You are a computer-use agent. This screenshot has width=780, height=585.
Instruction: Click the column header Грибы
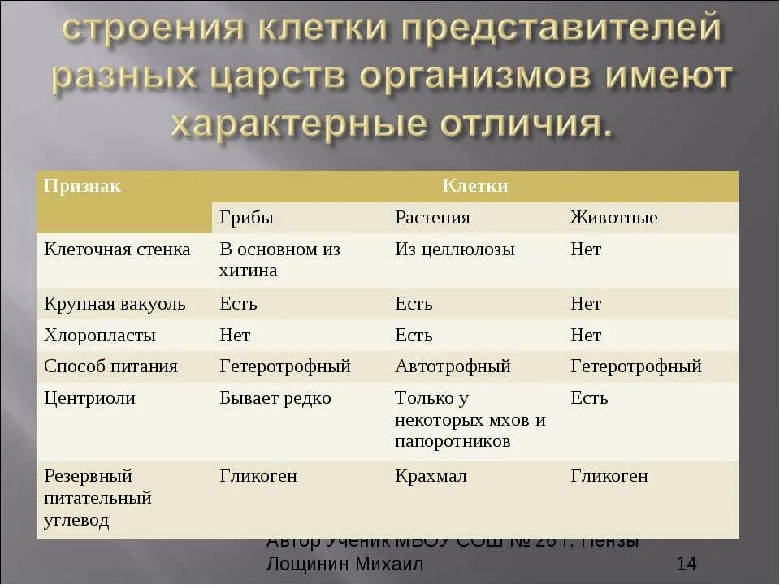[246, 218]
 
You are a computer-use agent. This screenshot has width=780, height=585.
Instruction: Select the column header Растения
[432, 218]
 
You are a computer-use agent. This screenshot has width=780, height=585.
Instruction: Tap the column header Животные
[613, 218]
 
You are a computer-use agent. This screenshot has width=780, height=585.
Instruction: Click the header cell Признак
[82, 186]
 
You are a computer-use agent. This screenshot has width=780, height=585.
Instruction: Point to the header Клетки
[475, 186]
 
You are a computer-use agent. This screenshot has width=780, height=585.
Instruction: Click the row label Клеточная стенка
[117, 249]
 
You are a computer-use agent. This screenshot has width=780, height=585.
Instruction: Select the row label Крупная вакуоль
[115, 304]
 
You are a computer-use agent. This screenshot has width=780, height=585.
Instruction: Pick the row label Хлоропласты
[99, 336]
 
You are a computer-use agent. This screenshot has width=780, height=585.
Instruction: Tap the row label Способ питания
[110, 366]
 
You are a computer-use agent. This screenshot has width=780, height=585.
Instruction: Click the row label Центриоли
[89, 398]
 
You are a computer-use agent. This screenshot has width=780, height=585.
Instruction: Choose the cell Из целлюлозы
[455, 249]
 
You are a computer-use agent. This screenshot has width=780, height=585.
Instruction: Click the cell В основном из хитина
[279, 260]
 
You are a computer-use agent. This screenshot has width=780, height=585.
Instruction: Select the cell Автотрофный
[453, 366]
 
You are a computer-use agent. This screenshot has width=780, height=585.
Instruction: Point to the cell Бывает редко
[275, 398]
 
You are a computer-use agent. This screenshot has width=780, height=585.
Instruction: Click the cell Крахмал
[431, 476]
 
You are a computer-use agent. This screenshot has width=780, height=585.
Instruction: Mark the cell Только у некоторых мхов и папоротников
[470, 420]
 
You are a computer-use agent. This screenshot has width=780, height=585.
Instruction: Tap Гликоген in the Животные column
[609, 476]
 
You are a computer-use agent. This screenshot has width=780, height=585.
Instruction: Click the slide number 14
[686, 564]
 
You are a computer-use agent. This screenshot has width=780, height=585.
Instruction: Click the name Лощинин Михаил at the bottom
[344, 564]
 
